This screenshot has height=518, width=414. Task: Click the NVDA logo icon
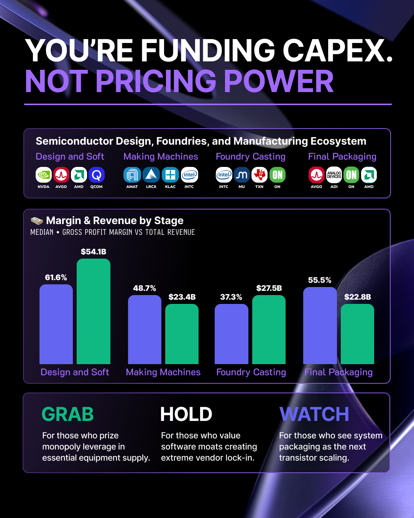pyautogui.click(x=44, y=175)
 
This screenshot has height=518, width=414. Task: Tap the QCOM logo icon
pyautogui.click(x=97, y=175)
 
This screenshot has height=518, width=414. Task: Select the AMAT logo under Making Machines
pyautogui.click(x=132, y=175)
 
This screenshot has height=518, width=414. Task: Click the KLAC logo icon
pyautogui.click(x=170, y=175)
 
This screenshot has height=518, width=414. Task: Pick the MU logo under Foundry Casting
pyautogui.click(x=242, y=175)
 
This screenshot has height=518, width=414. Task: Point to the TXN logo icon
pyautogui.click(x=259, y=175)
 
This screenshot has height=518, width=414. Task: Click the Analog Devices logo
pyautogui.click(x=334, y=175)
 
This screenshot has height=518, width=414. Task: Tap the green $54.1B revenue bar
pyautogui.click(x=94, y=311)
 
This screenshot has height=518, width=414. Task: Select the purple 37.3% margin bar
pyautogui.click(x=232, y=334)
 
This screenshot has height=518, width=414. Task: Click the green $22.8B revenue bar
pyautogui.click(x=358, y=334)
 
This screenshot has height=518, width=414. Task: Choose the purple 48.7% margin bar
pyautogui.click(x=145, y=330)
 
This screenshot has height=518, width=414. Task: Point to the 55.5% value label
pyautogui.click(x=320, y=280)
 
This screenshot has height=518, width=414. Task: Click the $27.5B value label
pyautogui.click(x=269, y=288)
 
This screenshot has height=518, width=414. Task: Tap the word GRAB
pyautogui.click(x=67, y=414)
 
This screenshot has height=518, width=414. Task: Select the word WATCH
pyautogui.click(x=314, y=414)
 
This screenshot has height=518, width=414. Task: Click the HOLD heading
pyautogui.click(x=186, y=414)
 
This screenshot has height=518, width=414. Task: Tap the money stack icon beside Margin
pyautogui.click(x=37, y=220)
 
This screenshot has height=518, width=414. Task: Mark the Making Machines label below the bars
pyautogui.click(x=163, y=372)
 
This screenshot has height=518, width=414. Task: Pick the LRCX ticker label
pyautogui.click(x=151, y=186)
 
